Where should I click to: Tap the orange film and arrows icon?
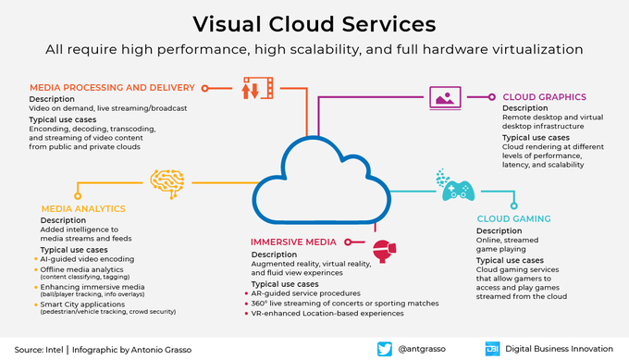coord(258,89)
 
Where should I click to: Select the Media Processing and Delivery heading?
coord(111,88)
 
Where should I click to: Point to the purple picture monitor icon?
coord(446,95)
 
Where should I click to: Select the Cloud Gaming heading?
coord(513,218)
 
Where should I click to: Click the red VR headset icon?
coord(383,249)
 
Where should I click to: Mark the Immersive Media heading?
coord(295,242)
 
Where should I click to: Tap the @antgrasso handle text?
coord(426,349)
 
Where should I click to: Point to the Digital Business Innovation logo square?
coord(493,349)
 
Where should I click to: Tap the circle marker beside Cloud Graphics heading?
coord(491,95)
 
